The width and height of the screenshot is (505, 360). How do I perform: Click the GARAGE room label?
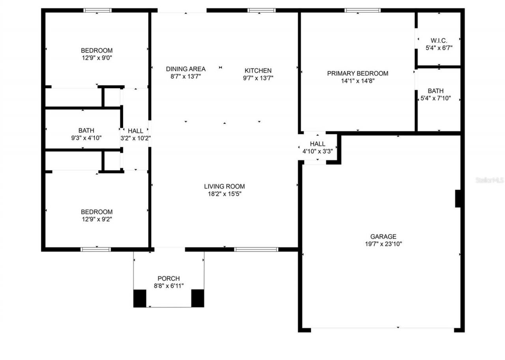(383, 237)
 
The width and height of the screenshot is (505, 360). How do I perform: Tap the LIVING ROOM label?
(224, 186)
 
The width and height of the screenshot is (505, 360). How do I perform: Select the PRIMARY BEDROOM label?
(357, 73)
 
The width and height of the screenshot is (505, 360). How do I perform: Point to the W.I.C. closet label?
(439, 41)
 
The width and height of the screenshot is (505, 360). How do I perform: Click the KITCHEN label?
(258, 71)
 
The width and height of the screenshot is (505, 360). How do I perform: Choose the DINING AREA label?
(185, 69)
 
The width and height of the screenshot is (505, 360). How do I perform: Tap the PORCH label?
(168, 278)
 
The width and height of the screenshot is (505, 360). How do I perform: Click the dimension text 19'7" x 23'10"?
(383, 244)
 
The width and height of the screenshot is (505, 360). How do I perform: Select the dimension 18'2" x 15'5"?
(224, 194)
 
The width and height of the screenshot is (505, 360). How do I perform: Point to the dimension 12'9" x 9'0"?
(97, 58)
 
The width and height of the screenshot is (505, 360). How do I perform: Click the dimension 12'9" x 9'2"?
(97, 219)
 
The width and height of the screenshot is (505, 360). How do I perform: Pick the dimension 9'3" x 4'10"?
(86, 138)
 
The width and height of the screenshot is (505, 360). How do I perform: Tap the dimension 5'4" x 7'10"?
(436, 98)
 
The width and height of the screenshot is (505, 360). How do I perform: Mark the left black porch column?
(140, 298)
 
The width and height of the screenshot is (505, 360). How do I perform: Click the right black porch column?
(198, 298)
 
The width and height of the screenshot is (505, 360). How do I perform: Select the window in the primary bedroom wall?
(363, 10)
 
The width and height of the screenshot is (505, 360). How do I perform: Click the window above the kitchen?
(262, 10)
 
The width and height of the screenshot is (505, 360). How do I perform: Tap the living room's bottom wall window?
(256, 249)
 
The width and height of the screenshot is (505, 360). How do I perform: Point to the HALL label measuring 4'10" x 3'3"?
(318, 144)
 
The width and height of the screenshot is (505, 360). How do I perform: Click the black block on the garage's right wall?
(458, 198)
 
